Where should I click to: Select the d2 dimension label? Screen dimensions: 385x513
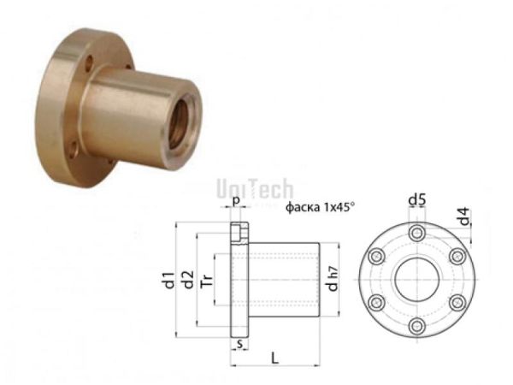187,279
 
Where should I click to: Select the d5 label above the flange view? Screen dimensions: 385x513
416,200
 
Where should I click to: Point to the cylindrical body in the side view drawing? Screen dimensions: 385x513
282,279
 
